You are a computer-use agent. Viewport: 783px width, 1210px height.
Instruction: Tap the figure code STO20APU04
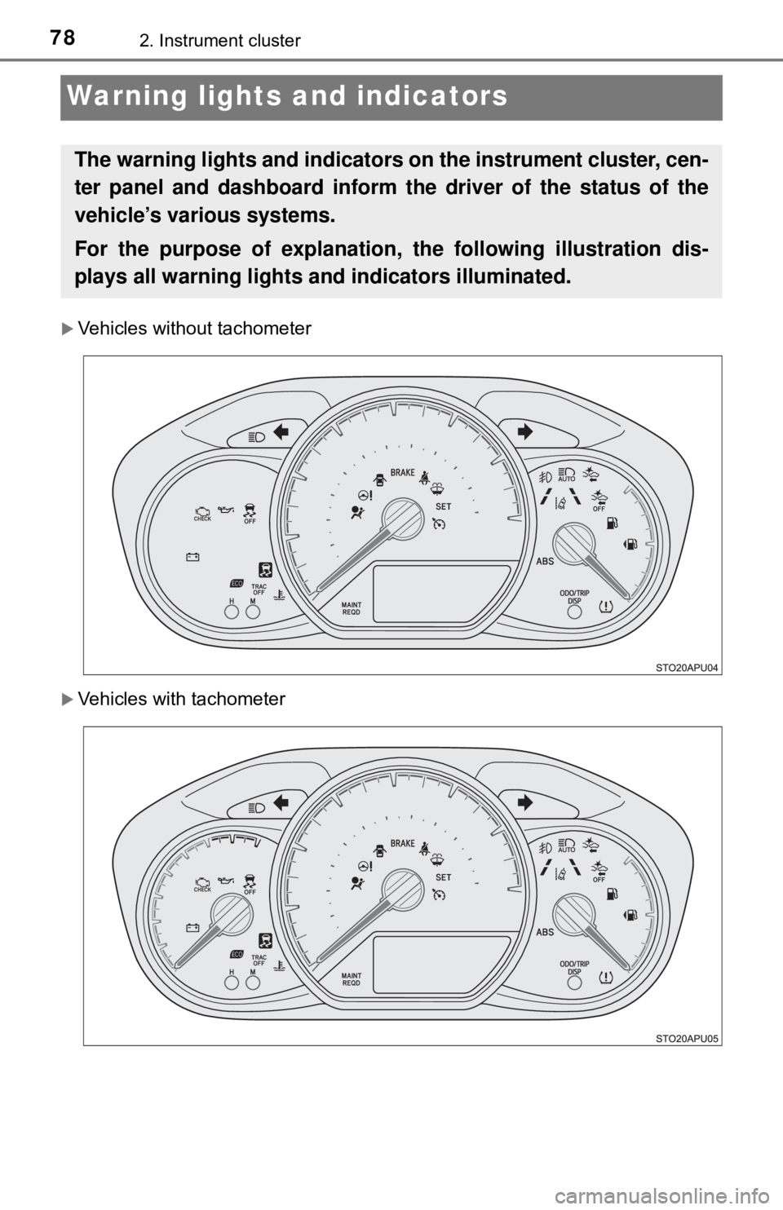click(x=687, y=666)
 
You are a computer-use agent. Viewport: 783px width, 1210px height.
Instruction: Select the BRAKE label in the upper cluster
click(x=403, y=472)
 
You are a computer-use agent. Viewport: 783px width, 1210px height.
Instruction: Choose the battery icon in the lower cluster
click(x=192, y=927)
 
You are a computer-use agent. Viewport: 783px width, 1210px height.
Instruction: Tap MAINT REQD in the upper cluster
click(x=352, y=607)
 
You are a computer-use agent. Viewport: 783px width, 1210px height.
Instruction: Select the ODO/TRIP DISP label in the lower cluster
click(x=575, y=967)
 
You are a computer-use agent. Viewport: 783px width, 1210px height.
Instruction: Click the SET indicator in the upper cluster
click(x=444, y=506)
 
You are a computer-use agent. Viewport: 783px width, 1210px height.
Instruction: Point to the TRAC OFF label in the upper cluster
click(x=259, y=589)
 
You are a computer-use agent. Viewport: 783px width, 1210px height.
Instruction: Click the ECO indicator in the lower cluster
click(x=237, y=953)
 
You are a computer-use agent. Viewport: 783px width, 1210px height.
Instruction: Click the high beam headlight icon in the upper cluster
click(x=254, y=437)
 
